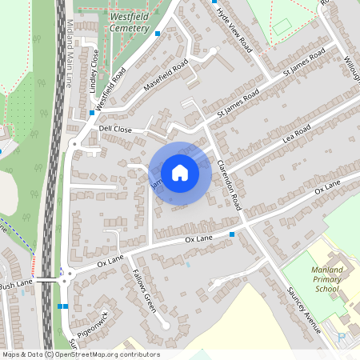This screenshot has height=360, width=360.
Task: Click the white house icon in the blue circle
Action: (x=180, y=172)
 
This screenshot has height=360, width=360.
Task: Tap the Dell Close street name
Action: (x=115, y=128)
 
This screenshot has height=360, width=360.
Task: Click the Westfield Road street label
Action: (x=110, y=89)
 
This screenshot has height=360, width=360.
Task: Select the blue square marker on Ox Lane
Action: (x=232, y=234)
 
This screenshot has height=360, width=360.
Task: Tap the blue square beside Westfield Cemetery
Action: (x=158, y=34)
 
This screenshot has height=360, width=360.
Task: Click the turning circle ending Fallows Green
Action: (x=164, y=325)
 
